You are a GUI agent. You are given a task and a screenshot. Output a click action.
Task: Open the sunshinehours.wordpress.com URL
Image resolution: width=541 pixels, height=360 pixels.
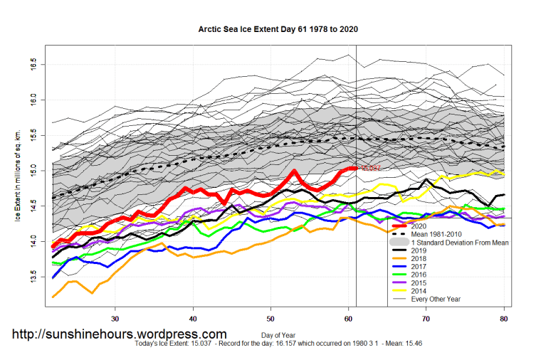click(120, 334)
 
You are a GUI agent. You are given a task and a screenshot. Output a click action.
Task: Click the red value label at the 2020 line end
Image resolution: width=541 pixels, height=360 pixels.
click(371, 169)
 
